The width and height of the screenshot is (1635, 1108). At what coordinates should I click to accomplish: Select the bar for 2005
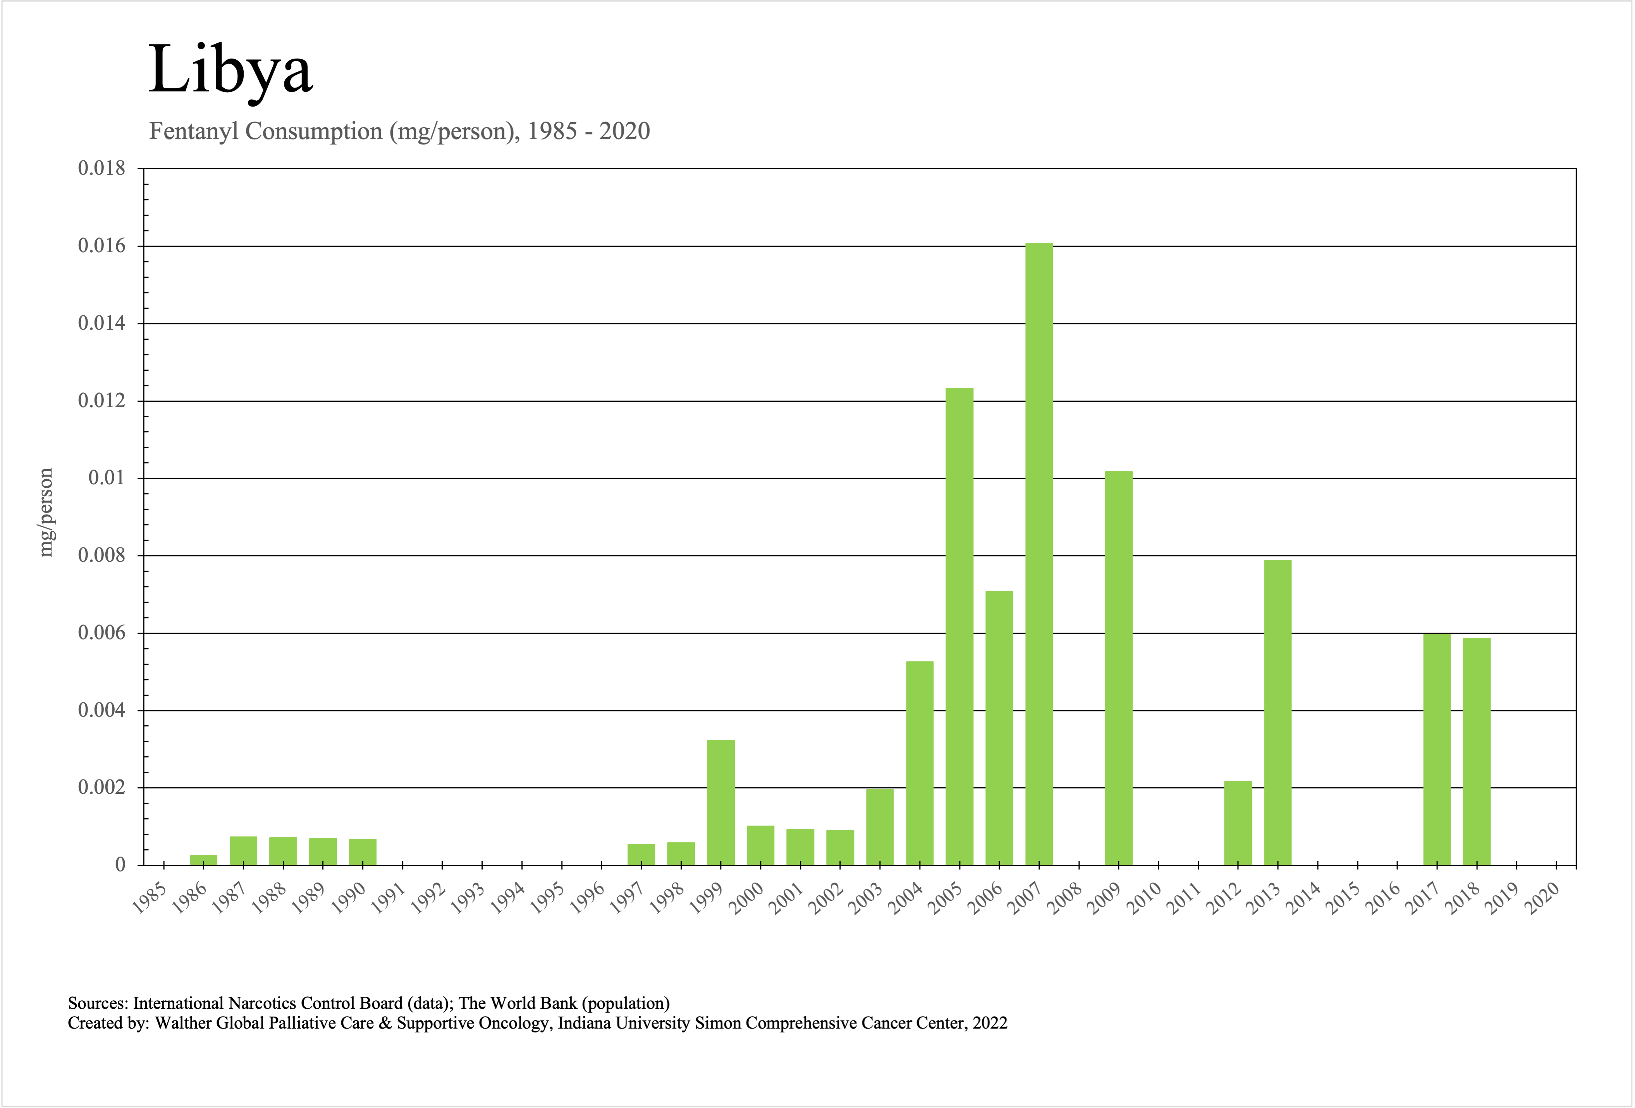(x=959, y=626)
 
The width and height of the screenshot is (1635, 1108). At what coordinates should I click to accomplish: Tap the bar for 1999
(x=720, y=802)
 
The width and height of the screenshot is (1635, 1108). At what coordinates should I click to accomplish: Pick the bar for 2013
(x=1277, y=712)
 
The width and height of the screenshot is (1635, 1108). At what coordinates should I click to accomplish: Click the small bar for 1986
(x=203, y=860)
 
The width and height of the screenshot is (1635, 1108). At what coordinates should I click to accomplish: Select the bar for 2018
(x=1476, y=751)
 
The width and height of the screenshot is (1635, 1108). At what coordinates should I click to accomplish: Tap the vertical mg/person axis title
(x=46, y=512)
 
